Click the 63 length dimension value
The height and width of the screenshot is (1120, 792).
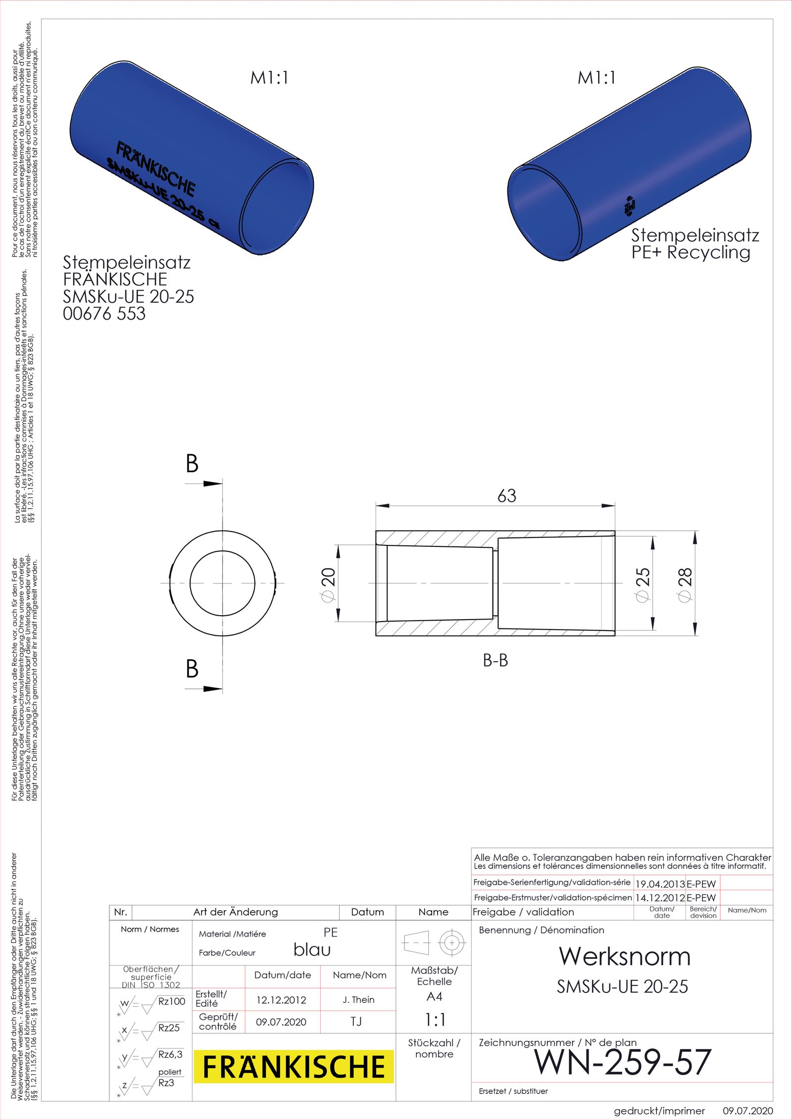(x=506, y=496)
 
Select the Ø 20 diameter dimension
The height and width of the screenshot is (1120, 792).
(x=328, y=584)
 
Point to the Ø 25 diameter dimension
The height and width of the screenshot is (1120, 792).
(x=642, y=584)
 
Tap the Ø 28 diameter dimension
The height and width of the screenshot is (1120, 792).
(x=685, y=584)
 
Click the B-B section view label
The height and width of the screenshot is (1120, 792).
(x=495, y=660)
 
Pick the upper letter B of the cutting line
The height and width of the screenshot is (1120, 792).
(x=192, y=464)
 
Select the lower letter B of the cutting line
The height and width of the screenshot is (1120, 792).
(x=192, y=669)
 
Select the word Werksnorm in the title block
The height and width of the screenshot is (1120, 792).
(x=624, y=957)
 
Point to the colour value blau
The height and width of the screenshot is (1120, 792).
(x=312, y=950)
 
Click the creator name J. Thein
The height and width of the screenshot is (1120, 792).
(x=358, y=1000)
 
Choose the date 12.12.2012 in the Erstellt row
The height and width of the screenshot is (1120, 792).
(x=281, y=1000)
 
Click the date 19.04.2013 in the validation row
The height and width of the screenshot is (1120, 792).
(x=659, y=884)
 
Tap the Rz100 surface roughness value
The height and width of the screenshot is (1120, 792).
(x=171, y=1001)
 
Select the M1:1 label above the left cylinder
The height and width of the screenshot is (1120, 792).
(x=269, y=78)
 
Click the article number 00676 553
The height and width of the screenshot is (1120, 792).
(x=104, y=314)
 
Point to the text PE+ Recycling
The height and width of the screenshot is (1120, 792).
(x=691, y=252)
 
